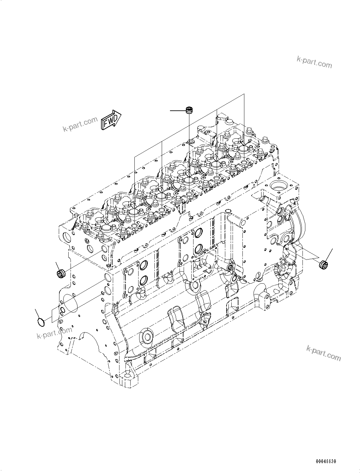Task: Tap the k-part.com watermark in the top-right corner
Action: (x=314, y=62)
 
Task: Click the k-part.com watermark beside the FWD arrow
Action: (x=80, y=125)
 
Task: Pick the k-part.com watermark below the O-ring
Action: (x=54, y=333)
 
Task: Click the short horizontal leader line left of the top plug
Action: (x=178, y=110)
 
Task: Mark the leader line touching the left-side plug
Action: (x=57, y=266)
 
